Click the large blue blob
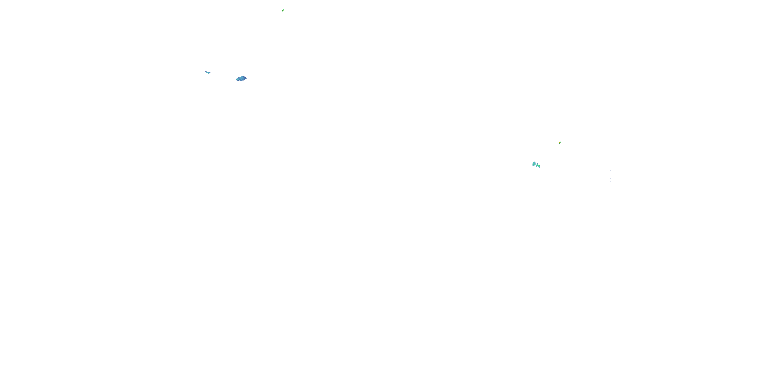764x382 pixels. [241, 78]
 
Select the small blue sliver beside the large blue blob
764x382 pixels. [208, 72]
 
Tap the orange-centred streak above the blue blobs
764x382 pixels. [283, 10]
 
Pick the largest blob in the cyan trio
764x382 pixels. [534, 164]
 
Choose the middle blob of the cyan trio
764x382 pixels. [537, 165]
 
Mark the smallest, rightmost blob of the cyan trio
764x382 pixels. [539, 166]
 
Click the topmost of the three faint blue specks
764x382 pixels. [610, 171]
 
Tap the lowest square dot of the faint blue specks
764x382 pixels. [610, 182]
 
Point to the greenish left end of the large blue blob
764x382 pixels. [237, 79]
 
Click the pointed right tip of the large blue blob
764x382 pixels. [246, 78]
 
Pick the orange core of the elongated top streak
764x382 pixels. [283, 10]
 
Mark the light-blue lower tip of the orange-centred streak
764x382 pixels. [282, 11]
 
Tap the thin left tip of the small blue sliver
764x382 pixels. [206, 72]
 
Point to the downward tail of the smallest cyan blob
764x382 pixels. [539, 168]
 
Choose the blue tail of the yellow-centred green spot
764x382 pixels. [559, 144]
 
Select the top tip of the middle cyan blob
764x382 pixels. [537, 163]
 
